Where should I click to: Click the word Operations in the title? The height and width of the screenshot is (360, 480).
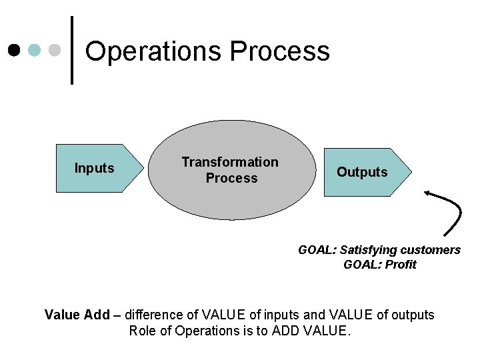(x=153, y=51)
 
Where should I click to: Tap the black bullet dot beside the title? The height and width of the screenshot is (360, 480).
(x=14, y=51)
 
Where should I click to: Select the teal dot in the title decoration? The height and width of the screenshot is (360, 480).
(x=35, y=51)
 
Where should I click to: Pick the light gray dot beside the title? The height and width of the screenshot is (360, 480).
(x=55, y=51)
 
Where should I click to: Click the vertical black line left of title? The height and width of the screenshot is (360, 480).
(x=72, y=50)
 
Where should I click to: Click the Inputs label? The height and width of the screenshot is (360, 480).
(x=94, y=168)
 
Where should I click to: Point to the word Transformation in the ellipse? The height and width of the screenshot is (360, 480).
(x=230, y=162)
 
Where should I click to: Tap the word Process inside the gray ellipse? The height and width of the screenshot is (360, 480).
(x=231, y=178)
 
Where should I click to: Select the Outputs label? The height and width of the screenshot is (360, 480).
(x=361, y=172)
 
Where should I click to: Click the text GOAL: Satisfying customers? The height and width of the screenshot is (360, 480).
(x=379, y=250)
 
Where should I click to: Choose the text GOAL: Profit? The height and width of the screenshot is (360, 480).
(x=379, y=265)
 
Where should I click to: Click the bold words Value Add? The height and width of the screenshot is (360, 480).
(x=77, y=315)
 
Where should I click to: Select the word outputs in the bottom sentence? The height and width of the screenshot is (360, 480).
(x=411, y=315)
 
